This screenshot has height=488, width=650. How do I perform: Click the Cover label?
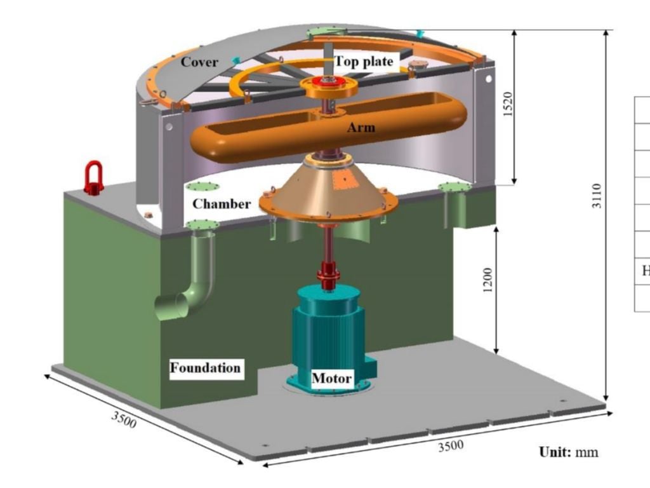199,62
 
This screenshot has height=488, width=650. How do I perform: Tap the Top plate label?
364,62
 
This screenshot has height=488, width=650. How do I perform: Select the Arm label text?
361,127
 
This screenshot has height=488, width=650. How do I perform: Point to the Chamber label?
222,204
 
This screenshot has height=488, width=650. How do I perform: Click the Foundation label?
205,368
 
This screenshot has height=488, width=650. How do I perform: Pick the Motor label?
331,378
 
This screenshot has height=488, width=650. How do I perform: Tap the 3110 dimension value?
596,196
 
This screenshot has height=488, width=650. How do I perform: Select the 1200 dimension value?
487,280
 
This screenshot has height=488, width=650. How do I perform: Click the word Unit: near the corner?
555,452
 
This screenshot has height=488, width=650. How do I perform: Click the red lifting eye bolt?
94,178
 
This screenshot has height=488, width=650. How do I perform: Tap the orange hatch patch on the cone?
343,180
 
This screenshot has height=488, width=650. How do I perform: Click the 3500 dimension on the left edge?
124,419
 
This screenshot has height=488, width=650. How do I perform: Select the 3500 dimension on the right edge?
451,446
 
